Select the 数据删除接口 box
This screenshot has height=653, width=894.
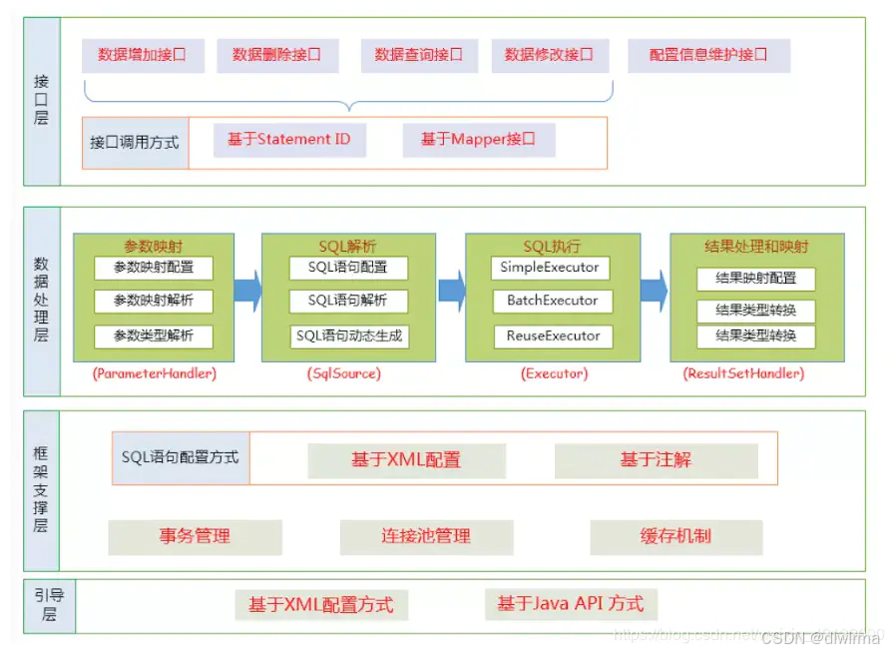pos(277,55)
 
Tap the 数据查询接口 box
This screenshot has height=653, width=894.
pos(419,55)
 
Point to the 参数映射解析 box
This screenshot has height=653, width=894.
pos(154,301)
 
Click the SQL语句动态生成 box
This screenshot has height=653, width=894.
pos(349,336)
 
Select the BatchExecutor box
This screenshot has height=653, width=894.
pos(551,301)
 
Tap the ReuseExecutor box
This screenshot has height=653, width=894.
pos(551,336)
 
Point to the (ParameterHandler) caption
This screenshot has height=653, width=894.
pos(154,374)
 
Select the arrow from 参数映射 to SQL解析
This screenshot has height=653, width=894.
pos(247,291)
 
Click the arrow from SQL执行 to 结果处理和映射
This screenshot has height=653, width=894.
pos(654,290)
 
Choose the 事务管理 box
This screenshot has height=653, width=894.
pos(195,536)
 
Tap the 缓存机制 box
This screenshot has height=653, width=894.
pos(675,536)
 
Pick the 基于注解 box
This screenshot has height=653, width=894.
pos(656,460)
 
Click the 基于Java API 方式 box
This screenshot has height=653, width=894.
pos(571,604)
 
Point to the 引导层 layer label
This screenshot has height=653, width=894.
pos(42,605)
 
